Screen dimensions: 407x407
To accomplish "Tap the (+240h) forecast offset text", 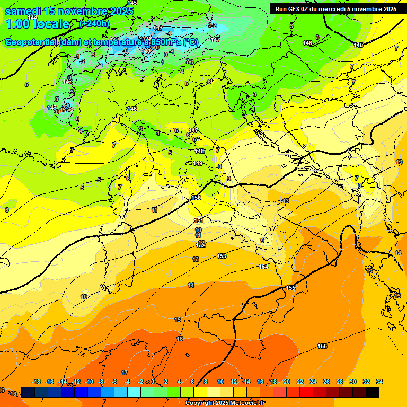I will (94, 23).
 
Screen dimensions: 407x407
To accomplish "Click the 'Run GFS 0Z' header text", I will (296, 9).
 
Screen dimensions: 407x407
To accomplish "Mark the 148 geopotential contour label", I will (199, 152).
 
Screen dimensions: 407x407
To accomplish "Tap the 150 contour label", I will (196, 198).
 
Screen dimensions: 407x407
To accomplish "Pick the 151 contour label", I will (199, 220).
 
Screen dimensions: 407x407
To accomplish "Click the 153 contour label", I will (222, 256).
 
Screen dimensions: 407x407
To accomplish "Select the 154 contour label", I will (263, 267).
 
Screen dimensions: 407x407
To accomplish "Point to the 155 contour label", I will (290, 288).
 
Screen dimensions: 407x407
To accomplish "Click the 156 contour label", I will (322, 346).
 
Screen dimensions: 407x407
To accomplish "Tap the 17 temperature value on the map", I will (125, 373).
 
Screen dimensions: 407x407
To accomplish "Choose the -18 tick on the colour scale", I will (36, 382).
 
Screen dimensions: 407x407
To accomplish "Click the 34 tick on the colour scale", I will (379, 382).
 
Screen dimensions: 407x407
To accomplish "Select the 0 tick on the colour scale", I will (153, 382).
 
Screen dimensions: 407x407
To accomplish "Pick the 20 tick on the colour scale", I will (287, 382).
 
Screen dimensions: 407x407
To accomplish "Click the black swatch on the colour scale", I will (373, 392).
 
